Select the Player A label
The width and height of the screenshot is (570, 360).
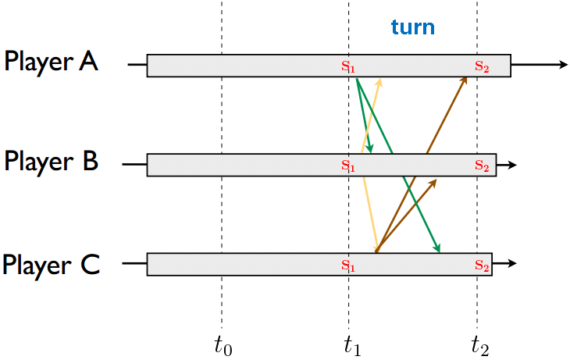tap(52, 62)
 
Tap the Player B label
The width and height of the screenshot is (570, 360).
tap(52, 162)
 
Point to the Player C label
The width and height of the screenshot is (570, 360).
tap(52, 265)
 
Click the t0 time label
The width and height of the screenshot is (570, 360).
tap(223, 344)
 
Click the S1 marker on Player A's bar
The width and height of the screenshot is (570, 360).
tap(348, 66)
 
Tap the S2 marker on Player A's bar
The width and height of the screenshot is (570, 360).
tap(482, 66)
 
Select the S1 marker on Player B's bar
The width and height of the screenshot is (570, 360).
tap(348, 166)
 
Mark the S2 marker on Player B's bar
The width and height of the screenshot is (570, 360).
tap(482, 166)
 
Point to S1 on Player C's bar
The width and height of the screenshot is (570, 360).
tap(348, 265)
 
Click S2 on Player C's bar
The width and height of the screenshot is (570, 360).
tap(482, 265)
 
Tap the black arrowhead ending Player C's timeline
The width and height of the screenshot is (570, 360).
tap(512, 264)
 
